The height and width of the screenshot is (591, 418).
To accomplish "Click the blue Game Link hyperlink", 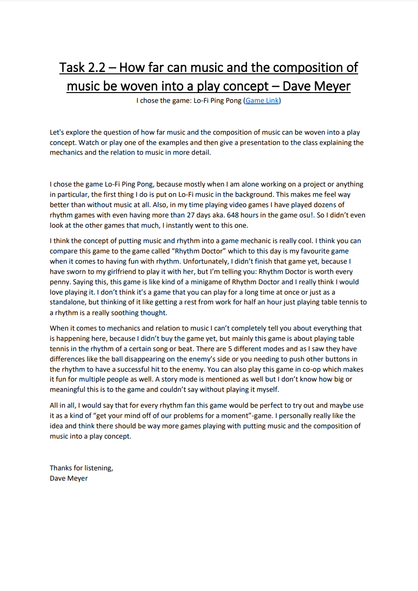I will (x=262, y=101).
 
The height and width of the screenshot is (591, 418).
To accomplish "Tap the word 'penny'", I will (x=60, y=282).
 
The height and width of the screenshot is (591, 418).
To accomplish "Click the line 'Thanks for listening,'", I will (x=81, y=468).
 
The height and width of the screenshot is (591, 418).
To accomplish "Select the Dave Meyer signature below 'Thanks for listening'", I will (x=69, y=478).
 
